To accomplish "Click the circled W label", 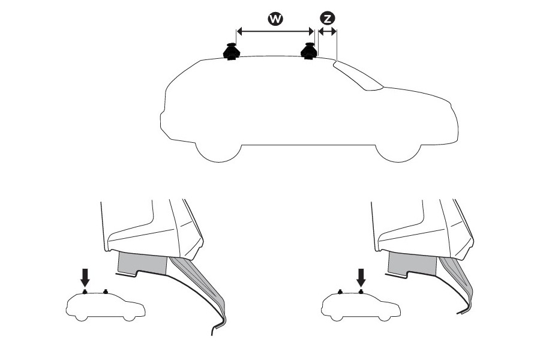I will point(275,19).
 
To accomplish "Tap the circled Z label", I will point(328,19).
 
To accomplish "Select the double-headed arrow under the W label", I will point(275,31).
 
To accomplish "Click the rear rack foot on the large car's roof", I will point(232,52).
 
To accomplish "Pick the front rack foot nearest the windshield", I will point(309,52).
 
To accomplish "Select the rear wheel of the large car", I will point(218,151).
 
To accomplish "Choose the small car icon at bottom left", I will point(106,306).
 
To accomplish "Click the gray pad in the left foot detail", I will point(142,263).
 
